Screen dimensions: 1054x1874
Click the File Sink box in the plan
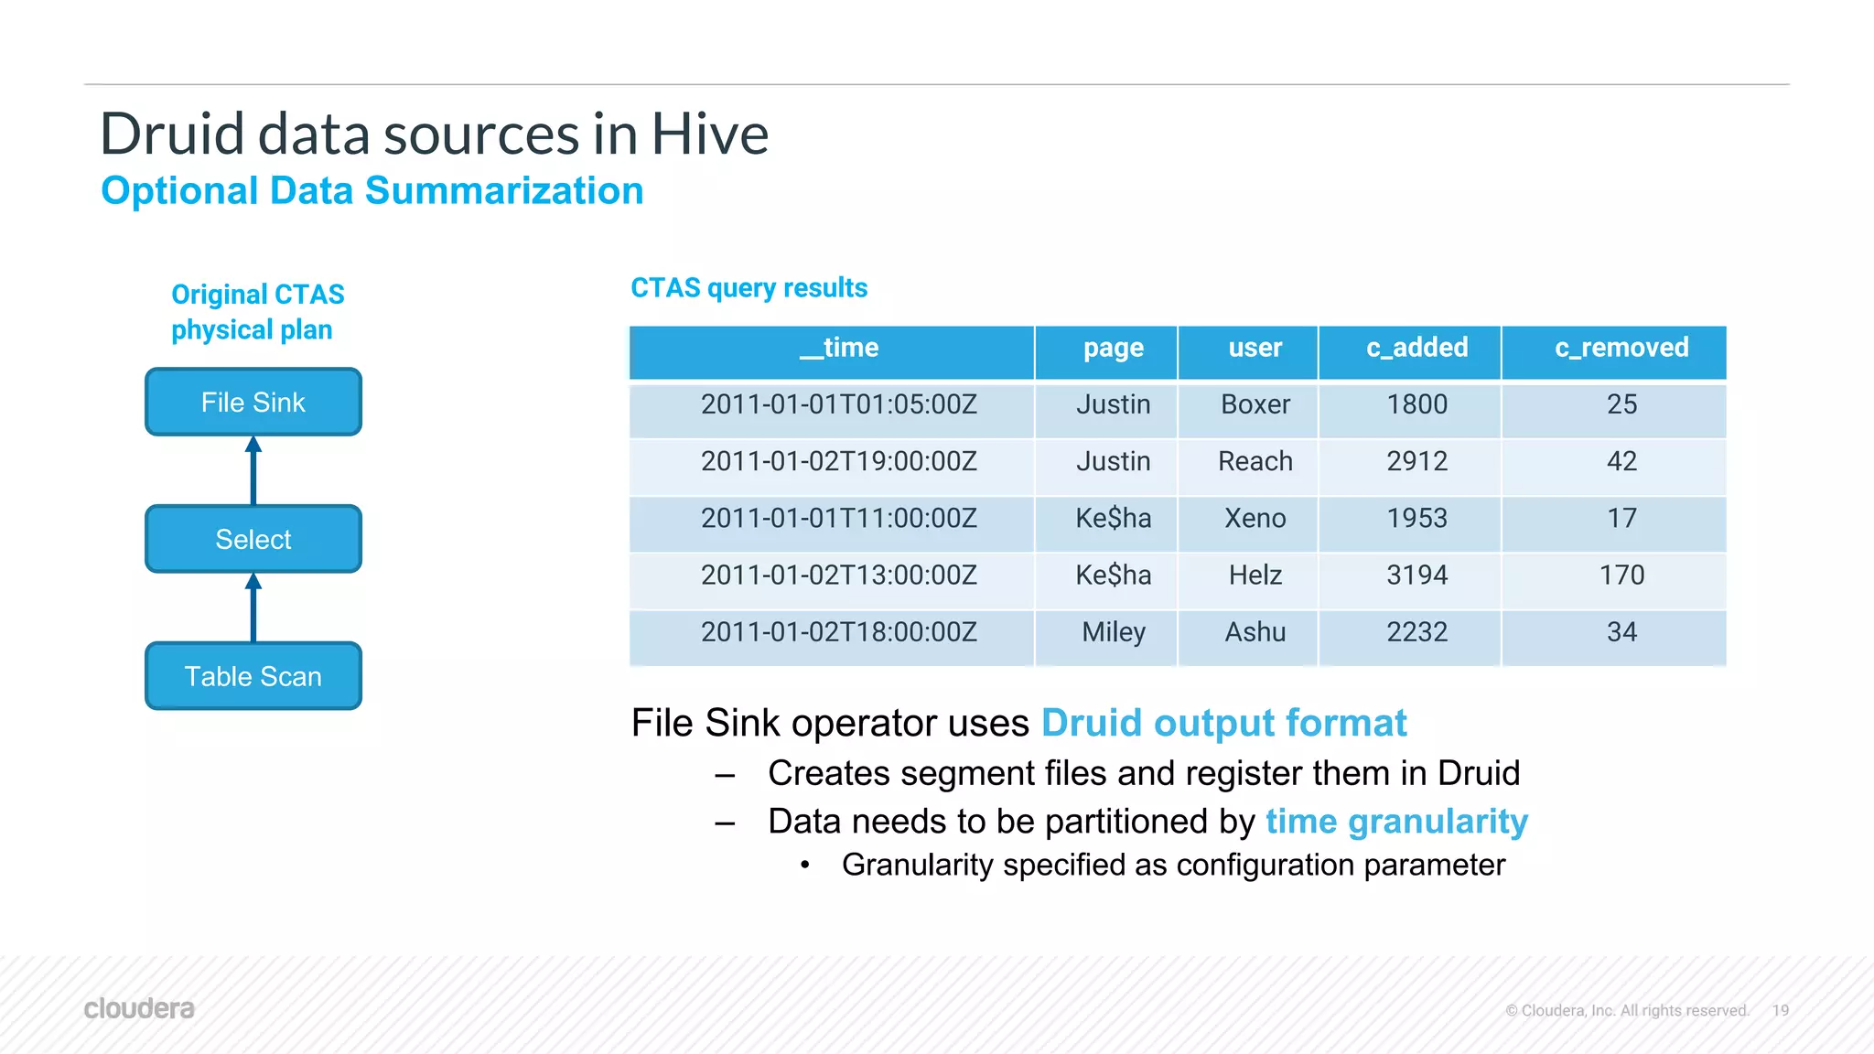click(x=253, y=403)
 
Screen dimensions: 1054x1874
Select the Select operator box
click(x=253, y=539)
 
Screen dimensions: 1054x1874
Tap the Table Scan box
click(x=253, y=676)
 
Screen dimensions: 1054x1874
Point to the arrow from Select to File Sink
click(x=253, y=470)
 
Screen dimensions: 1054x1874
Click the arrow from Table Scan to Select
click(x=253, y=608)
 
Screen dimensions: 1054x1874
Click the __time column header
click(x=838, y=349)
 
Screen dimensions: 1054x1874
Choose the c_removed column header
click(x=1621, y=349)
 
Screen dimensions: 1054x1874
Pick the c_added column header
click(x=1416, y=349)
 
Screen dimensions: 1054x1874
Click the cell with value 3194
click(x=1416, y=575)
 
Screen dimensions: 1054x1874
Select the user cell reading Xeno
click(x=1255, y=519)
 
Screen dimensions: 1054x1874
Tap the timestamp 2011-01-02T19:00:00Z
click(x=838, y=461)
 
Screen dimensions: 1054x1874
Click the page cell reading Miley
click(x=1113, y=632)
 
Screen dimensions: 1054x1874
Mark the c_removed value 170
click(x=1621, y=575)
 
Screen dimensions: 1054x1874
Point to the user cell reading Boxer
click(x=1255, y=404)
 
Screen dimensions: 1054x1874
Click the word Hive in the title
click(x=709, y=134)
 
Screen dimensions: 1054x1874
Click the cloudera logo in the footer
click(x=139, y=1008)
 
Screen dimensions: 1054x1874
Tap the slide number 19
click(x=1780, y=1010)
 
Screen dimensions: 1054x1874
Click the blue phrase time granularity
click(x=1396, y=822)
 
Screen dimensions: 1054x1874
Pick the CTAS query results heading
click(x=749, y=288)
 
